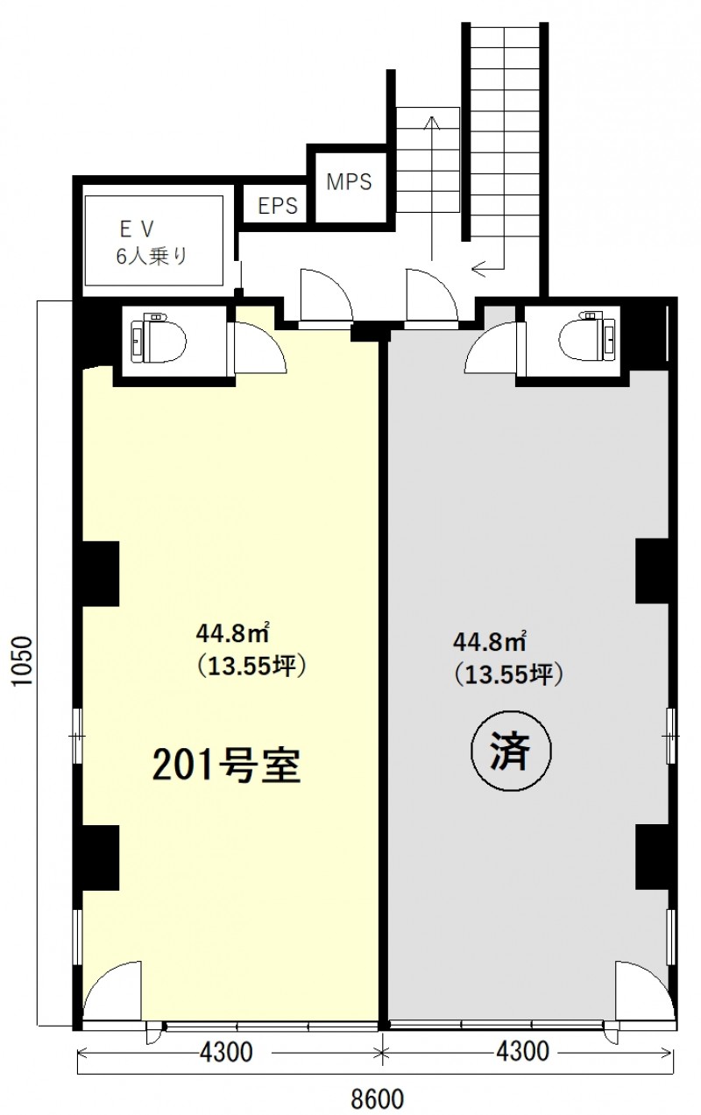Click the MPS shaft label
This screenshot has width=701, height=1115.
(x=349, y=181)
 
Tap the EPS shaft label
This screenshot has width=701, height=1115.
(x=278, y=205)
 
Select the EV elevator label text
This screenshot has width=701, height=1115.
(x=137, y=229)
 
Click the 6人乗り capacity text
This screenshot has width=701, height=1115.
(x=152, y=257)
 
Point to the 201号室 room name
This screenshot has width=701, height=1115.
(x=227, y=766)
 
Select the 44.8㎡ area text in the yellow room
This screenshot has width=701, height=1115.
(x=232, y=633)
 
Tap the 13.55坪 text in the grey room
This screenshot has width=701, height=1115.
(x=509, y=675)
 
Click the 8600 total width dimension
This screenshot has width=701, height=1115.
(x=378, y=1097)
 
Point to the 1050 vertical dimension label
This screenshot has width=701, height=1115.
(x=23, y=660)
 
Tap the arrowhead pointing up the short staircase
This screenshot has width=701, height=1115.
(x=432, y=123)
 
